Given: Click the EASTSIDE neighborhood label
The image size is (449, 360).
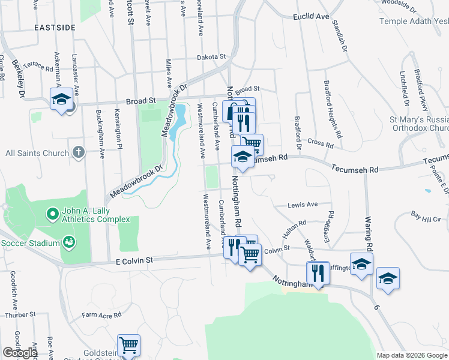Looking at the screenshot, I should point(55,28).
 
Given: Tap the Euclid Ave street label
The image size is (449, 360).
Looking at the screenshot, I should point(312,17).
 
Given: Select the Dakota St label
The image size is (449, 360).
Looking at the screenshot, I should point(212,57).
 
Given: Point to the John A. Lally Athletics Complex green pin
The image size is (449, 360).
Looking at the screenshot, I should point(52,213).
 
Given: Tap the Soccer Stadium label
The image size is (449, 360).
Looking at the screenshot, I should point(30,243).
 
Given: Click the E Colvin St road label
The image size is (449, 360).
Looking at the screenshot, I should point(134,260).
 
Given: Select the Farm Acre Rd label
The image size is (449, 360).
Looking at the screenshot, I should point(102,314).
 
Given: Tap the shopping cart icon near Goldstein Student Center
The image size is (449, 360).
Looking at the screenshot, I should point(128,345).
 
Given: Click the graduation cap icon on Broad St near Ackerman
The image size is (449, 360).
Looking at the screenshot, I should point(61,98).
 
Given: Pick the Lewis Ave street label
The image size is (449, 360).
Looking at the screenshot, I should point(303,205).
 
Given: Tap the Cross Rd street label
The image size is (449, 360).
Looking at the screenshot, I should point(320,143).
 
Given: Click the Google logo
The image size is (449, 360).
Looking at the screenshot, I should point(20,353).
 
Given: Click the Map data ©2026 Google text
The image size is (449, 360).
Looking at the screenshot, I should point(412,355).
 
